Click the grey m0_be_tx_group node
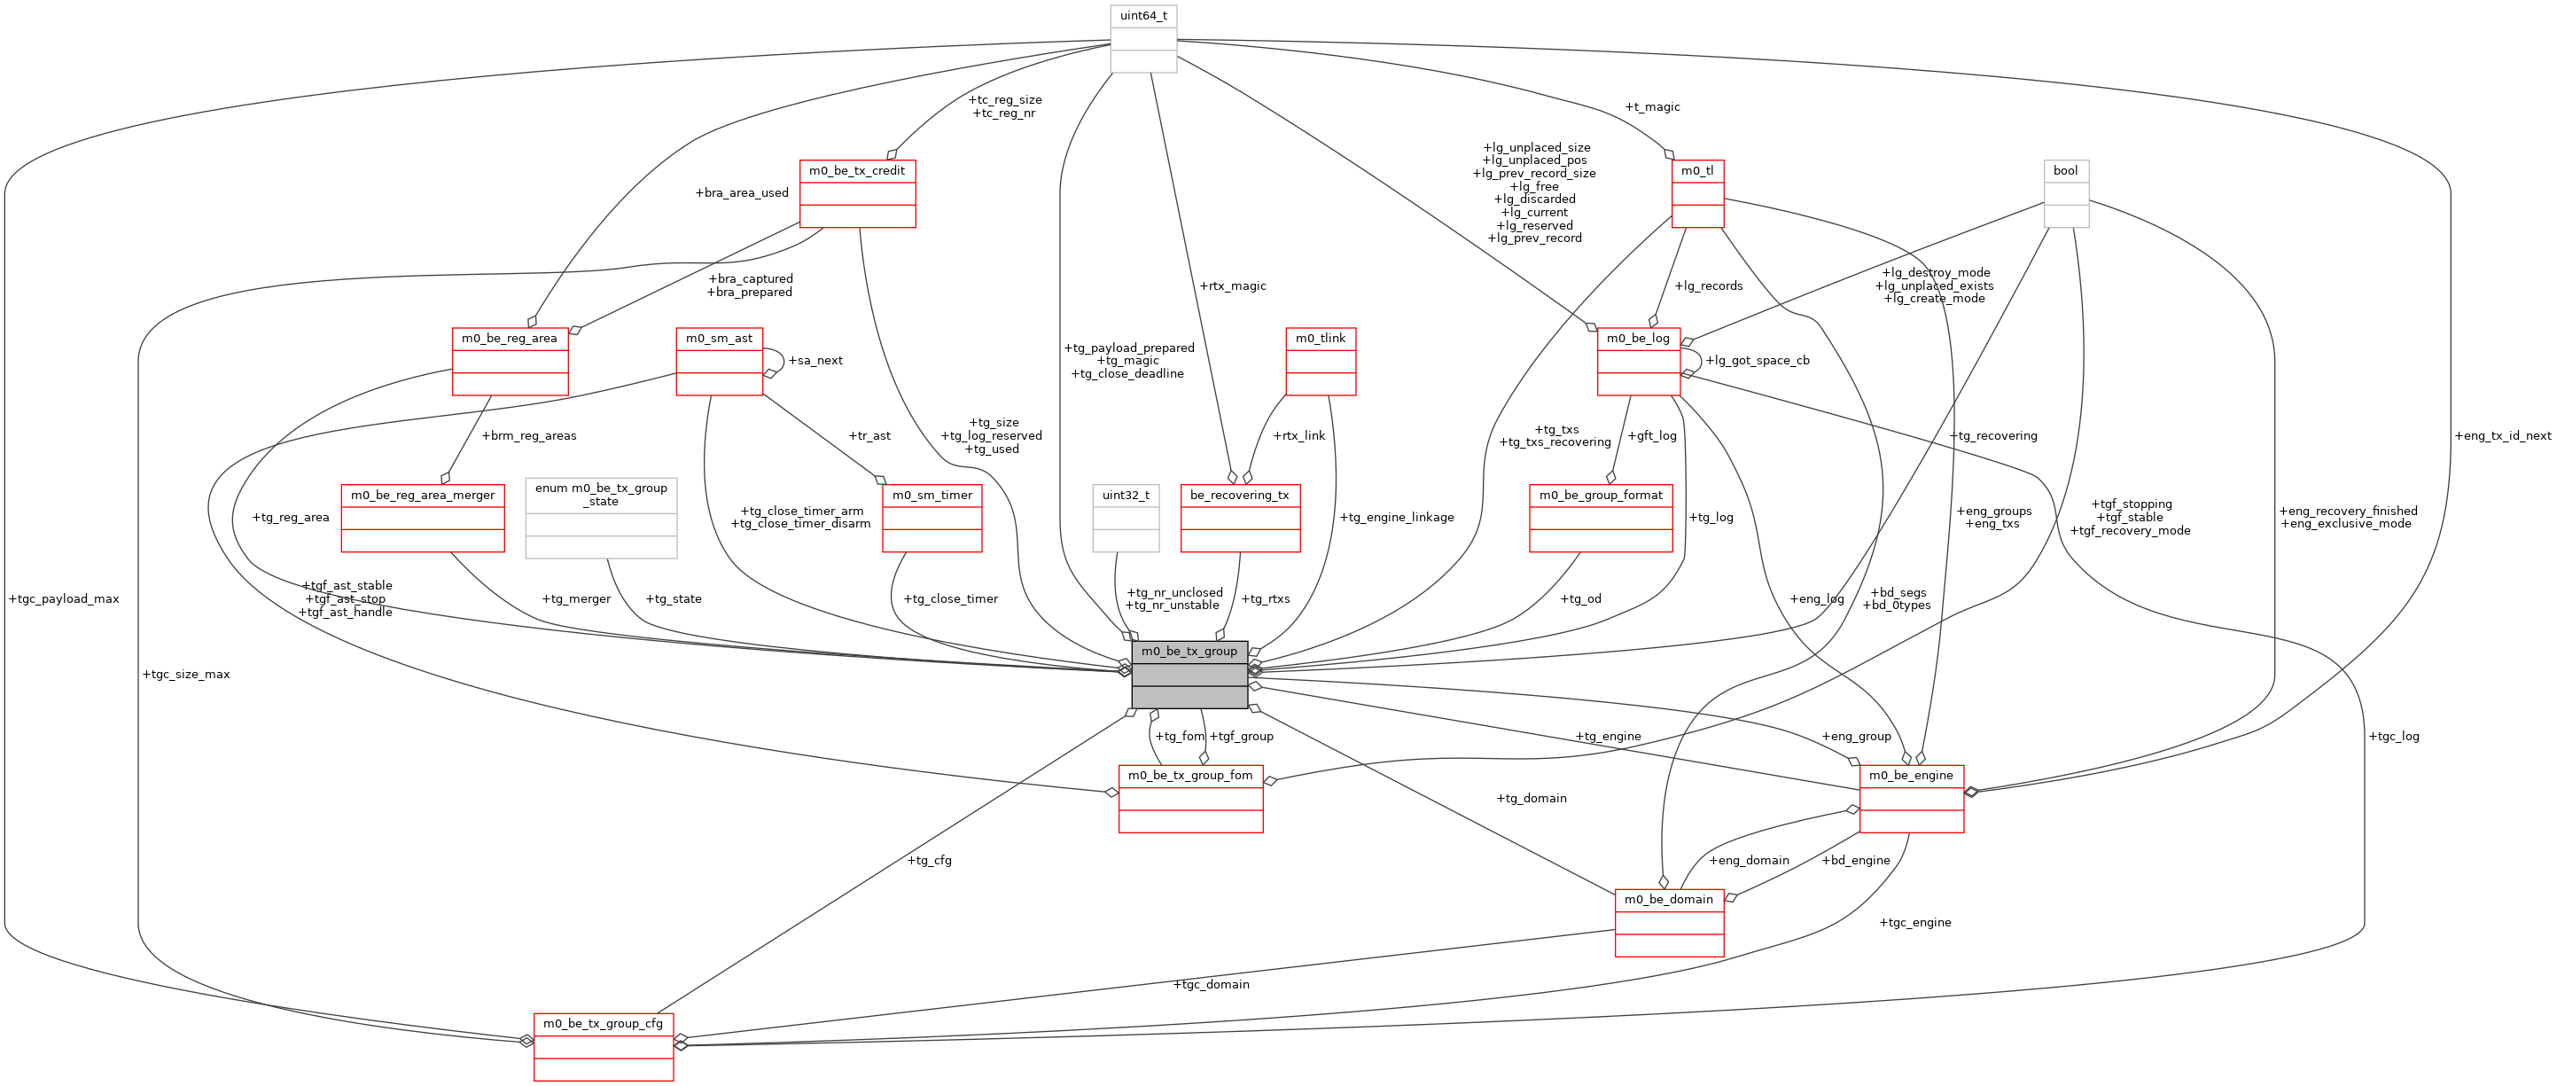(1189, 674)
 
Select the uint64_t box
(1142, 39)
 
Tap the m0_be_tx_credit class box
(857, 193)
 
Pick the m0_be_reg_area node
(510, 362)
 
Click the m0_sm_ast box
(719, 362)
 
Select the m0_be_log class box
(1638, 362)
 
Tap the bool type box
(2065, 193)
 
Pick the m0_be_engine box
(1910, 798)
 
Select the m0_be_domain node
(1668, 922)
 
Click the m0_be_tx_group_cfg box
(603, 1046)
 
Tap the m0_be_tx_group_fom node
(1189, 798)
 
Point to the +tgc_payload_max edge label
(64, 598)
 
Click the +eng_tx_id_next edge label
(2501, 436)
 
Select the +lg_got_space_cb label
(1757, 360)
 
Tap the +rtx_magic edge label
(1232, 285)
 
